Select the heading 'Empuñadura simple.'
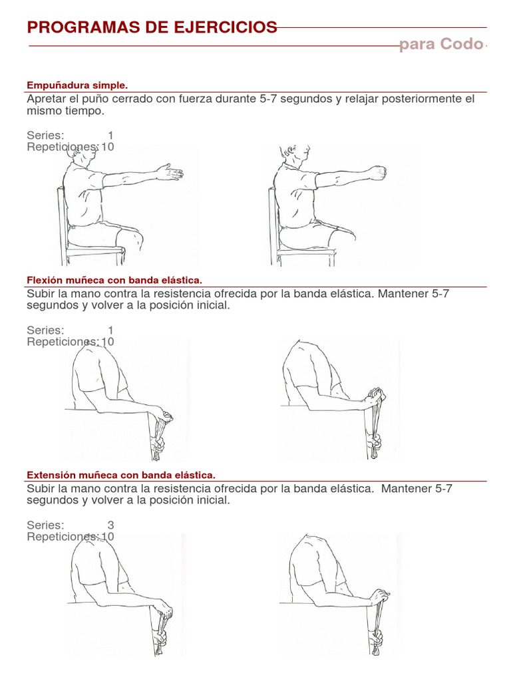coord(77,85)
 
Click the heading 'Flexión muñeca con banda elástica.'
coord(114,280)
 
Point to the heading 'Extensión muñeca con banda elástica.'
coord(120,475)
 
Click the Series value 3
coord(110,525)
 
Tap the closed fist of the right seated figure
coord(377,174)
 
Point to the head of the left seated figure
coord(85,154)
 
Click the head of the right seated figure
coord(293,154)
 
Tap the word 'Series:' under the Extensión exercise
coord(45,525)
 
